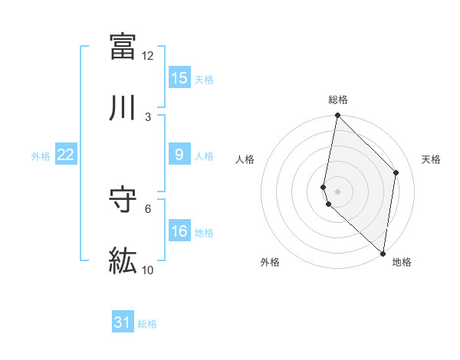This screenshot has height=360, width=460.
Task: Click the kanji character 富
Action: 123,46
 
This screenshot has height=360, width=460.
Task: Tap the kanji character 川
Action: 123,107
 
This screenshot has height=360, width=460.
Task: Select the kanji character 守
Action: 123,201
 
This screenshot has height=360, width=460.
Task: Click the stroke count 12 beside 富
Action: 148,56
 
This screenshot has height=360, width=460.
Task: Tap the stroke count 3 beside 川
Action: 148,117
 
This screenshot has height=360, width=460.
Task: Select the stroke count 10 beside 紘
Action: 148,270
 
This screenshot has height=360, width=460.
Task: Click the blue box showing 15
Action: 179,78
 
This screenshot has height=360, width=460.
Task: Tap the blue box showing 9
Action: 179,155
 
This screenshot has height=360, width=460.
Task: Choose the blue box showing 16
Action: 179,231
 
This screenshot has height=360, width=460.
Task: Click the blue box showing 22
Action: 66,155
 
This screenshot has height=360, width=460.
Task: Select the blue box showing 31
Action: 123,322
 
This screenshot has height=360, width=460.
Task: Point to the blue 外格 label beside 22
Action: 41,156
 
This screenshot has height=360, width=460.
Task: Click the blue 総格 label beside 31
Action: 147,324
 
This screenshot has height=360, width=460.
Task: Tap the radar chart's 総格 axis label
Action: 338,100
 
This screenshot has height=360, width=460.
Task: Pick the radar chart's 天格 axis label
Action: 431,159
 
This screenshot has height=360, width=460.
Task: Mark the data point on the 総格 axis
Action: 337,116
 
